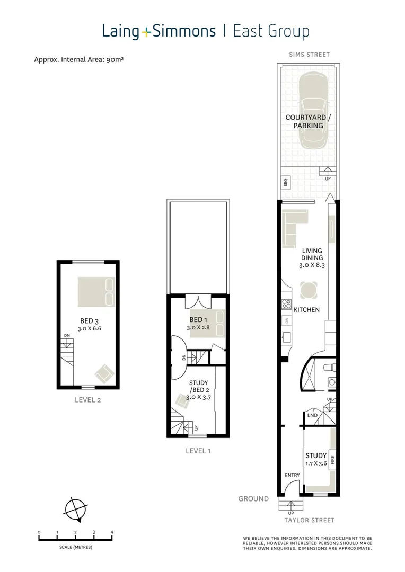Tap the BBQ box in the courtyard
click(285, 183)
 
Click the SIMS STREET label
click(310, 55)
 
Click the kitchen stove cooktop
click(286, 304)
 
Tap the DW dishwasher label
click(286, 320)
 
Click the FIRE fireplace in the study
click(332, 459)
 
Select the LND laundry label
click(312, 416)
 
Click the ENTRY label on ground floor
click(292, 475)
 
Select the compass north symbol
click(75, 510)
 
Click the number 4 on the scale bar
click(112, 532)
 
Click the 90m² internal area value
click(115, 60)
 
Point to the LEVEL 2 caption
click(87, 400)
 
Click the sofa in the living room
click(290, 228)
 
